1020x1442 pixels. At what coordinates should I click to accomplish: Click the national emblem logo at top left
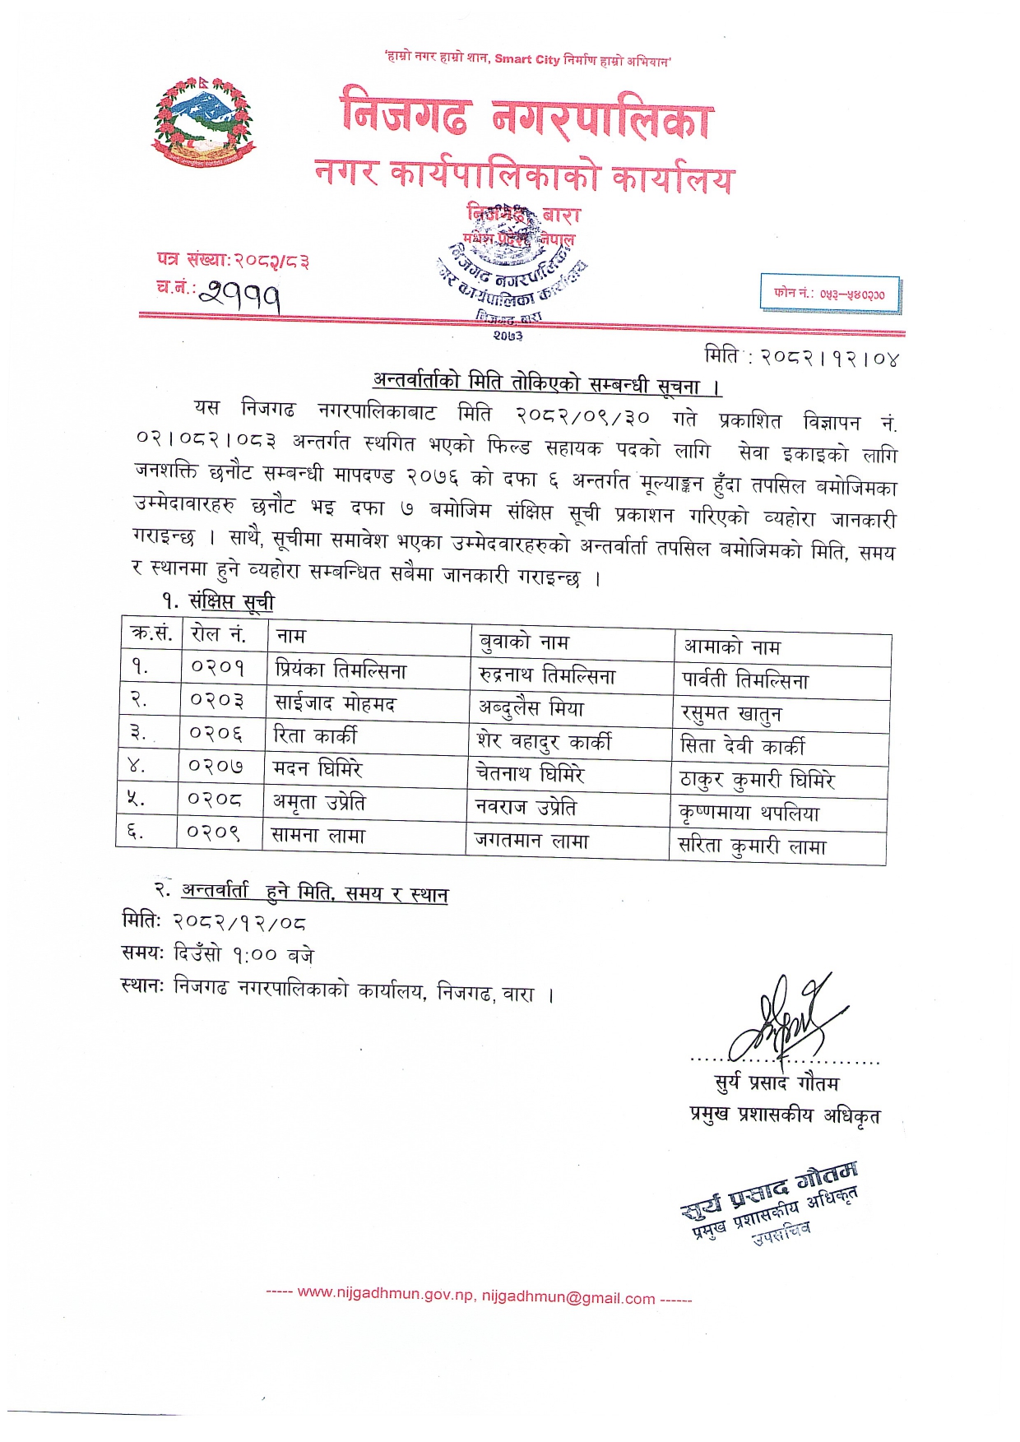[x=203, y=122]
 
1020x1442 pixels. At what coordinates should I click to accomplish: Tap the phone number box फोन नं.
[x=829, y=294]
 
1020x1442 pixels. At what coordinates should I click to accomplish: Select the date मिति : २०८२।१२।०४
[x=801, y=357]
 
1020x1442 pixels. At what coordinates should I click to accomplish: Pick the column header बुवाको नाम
[x=524, y=642]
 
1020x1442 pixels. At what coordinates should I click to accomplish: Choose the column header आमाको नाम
[x=731, y=647]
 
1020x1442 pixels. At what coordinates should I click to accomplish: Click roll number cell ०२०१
[x=218, y=666]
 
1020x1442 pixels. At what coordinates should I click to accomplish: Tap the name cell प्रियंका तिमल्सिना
[x=341, y=670]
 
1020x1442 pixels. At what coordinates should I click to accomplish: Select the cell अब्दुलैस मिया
[x=531, y=708]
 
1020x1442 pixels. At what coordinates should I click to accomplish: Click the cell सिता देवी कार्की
[x=742, y=746]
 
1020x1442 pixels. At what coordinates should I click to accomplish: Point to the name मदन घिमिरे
[x=318, y=768]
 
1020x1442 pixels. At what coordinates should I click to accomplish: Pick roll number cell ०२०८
[x=215, y=799]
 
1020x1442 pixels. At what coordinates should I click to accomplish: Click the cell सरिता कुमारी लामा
[x=752, y=846]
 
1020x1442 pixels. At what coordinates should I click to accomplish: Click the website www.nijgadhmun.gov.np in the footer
[x=385, y=1293]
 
